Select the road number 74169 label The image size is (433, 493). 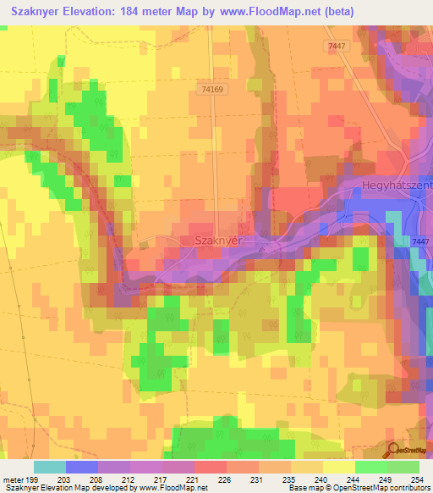pyautogui.click(x=215, y=87)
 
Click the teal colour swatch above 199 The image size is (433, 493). pyautogui.click(x=50, y=467)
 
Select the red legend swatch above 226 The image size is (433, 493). pyautogui.click(x=210, y=467)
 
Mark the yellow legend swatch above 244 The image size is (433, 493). pyautogui.click(x=338, y=467)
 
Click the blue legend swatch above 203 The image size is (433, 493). pyautogui.click(x=82, y=467)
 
